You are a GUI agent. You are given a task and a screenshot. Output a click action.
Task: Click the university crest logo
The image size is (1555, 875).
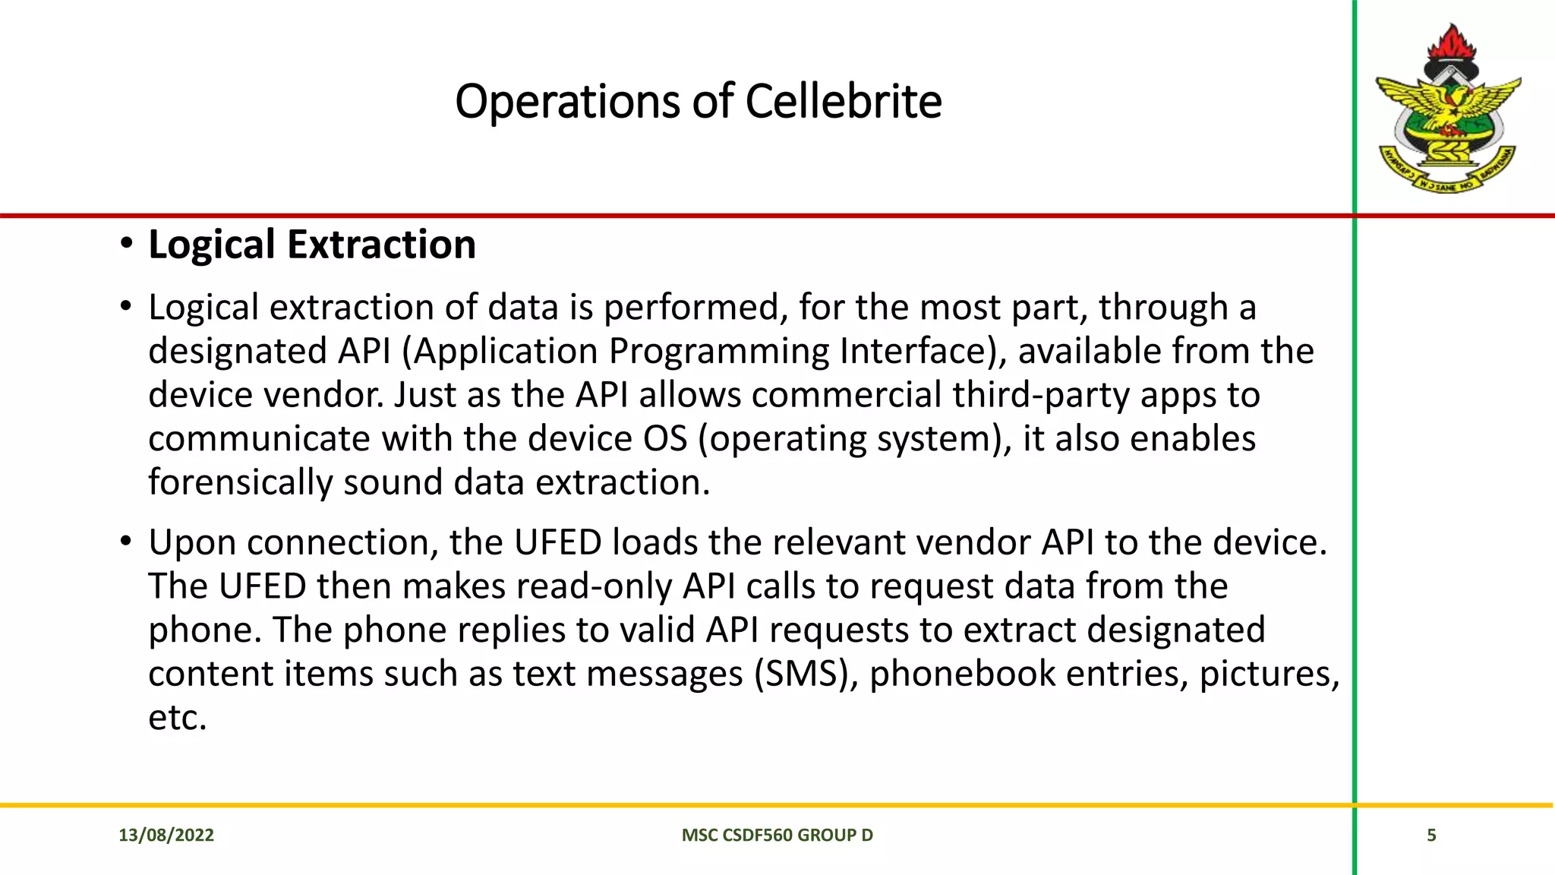tap(1449, 110)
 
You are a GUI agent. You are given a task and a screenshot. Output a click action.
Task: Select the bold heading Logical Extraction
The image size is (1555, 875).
tap(311, 245)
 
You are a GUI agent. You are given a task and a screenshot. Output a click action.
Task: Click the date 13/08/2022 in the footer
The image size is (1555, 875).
tap(166, 836)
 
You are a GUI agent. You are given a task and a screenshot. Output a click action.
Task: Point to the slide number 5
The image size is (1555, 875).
tap(1431, 836)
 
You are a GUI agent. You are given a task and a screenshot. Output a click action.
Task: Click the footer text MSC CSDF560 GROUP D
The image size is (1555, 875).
tap(777, 836)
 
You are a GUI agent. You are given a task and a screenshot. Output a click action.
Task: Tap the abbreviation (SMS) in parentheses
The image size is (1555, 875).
tap(806, 674)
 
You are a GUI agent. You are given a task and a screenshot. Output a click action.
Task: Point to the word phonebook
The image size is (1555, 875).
tap(962, 674)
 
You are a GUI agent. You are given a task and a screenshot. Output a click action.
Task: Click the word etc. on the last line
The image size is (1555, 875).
tap(177, 718)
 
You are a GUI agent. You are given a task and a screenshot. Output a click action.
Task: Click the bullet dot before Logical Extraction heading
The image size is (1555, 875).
tap(126, 245)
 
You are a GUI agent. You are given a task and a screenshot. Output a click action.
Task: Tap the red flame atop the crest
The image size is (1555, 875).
tap(1450, 42)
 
